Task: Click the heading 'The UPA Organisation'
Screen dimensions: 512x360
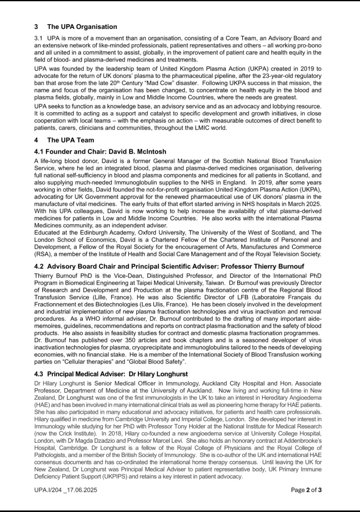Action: click(x=82, y=27)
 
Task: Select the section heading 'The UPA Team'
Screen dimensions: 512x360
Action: click(x=71, y=140)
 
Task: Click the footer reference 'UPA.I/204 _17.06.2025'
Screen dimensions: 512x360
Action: click(x=66, y=490)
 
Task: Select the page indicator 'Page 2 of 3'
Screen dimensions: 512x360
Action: click(x=306, y=490)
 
